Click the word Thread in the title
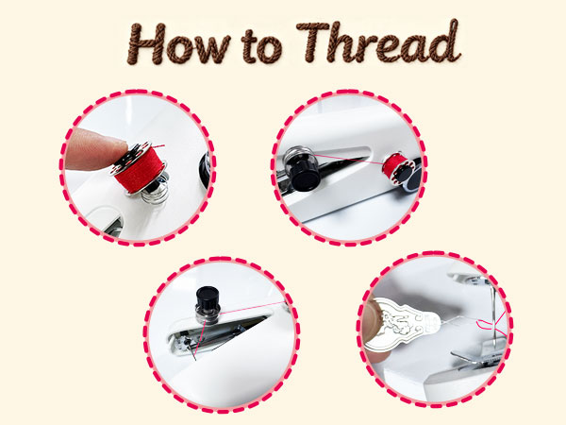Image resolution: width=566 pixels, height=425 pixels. point(382,42)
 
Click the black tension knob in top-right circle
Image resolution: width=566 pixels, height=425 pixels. point(305,168)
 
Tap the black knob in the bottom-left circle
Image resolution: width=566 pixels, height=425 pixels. point(205,305)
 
